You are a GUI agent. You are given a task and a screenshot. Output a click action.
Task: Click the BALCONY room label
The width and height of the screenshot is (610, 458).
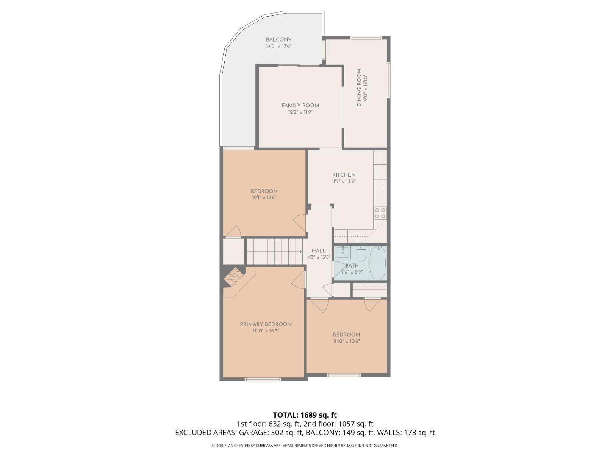[x=279, y=39]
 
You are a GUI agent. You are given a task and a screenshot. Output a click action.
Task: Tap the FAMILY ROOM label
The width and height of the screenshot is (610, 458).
[x=300, y=106]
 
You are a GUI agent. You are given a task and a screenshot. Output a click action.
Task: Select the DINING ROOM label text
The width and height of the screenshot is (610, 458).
[x=359, y=88]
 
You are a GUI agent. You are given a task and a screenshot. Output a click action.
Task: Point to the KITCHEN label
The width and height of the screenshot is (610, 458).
[x=344, y=175]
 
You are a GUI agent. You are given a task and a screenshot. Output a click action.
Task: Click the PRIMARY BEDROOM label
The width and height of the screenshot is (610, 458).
[x=266, y=324]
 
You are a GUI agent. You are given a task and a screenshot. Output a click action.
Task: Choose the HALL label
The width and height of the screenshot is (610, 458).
[x=319, y=251]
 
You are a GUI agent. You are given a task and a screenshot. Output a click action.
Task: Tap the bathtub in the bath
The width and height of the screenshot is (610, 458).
[x=377, y=263]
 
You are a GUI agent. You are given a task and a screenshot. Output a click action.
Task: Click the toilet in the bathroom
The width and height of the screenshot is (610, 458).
[x=361, y=254]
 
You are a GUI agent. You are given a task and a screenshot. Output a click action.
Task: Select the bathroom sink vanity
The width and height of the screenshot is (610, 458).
[x=342, y=253]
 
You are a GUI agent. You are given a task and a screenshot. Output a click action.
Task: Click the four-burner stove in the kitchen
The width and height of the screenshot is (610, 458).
[x=380, y=213]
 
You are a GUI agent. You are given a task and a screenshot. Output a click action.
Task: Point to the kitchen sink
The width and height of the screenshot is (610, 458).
[x=358, y=235]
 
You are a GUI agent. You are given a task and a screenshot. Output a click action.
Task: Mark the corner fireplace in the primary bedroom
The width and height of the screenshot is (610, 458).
[x=233, y=276]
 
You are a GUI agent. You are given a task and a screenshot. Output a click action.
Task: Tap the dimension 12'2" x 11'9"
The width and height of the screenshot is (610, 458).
[x=300, y=112]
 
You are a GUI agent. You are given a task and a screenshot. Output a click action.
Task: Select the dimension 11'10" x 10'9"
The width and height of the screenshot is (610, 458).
[x=346, y=341]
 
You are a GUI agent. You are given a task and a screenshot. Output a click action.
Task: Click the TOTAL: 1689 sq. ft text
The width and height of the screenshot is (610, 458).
[x=305, y=415]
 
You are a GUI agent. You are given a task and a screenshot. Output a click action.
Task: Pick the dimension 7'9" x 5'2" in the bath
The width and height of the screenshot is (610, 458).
[x=352, y=272]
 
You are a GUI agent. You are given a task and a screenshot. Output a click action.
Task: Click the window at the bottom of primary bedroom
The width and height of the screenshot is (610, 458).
[x=263, y=379]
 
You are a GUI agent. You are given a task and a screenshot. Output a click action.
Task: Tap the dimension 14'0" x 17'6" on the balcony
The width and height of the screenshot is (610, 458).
[x=279, y=46]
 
